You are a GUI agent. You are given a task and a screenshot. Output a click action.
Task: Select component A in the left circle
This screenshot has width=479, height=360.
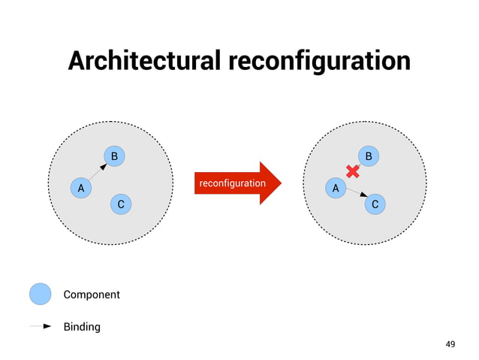coord(80,187)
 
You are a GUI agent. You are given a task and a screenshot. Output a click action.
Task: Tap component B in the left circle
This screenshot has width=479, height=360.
coord(114,156)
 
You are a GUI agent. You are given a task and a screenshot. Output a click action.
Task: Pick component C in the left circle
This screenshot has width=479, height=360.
coord(120,204)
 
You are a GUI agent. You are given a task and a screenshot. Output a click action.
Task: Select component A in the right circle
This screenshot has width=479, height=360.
coord(336,187)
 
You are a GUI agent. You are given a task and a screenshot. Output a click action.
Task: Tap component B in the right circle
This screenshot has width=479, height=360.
coord(369,156)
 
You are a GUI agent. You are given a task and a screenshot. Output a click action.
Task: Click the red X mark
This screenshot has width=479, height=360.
coord(351,171)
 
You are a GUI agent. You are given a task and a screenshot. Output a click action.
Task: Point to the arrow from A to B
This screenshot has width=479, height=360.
coord(97,172)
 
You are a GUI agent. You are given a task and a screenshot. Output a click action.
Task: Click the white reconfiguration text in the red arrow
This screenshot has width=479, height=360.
coord(232,183)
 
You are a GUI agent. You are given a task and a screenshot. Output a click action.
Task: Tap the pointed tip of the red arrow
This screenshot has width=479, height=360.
coord(281,183)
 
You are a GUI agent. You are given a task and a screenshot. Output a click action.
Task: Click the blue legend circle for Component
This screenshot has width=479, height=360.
coord(41,294)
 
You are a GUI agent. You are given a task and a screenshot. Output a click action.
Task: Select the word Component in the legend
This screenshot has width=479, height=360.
coord(91,295)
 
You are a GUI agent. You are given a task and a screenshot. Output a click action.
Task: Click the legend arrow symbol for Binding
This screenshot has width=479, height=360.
coord(41,327)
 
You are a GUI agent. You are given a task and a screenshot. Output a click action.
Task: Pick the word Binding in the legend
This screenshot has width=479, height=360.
coord(81,327)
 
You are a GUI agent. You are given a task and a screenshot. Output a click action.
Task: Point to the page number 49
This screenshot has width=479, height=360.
coord(450,344)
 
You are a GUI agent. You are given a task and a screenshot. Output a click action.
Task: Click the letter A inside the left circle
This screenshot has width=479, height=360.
coord(80,187)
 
